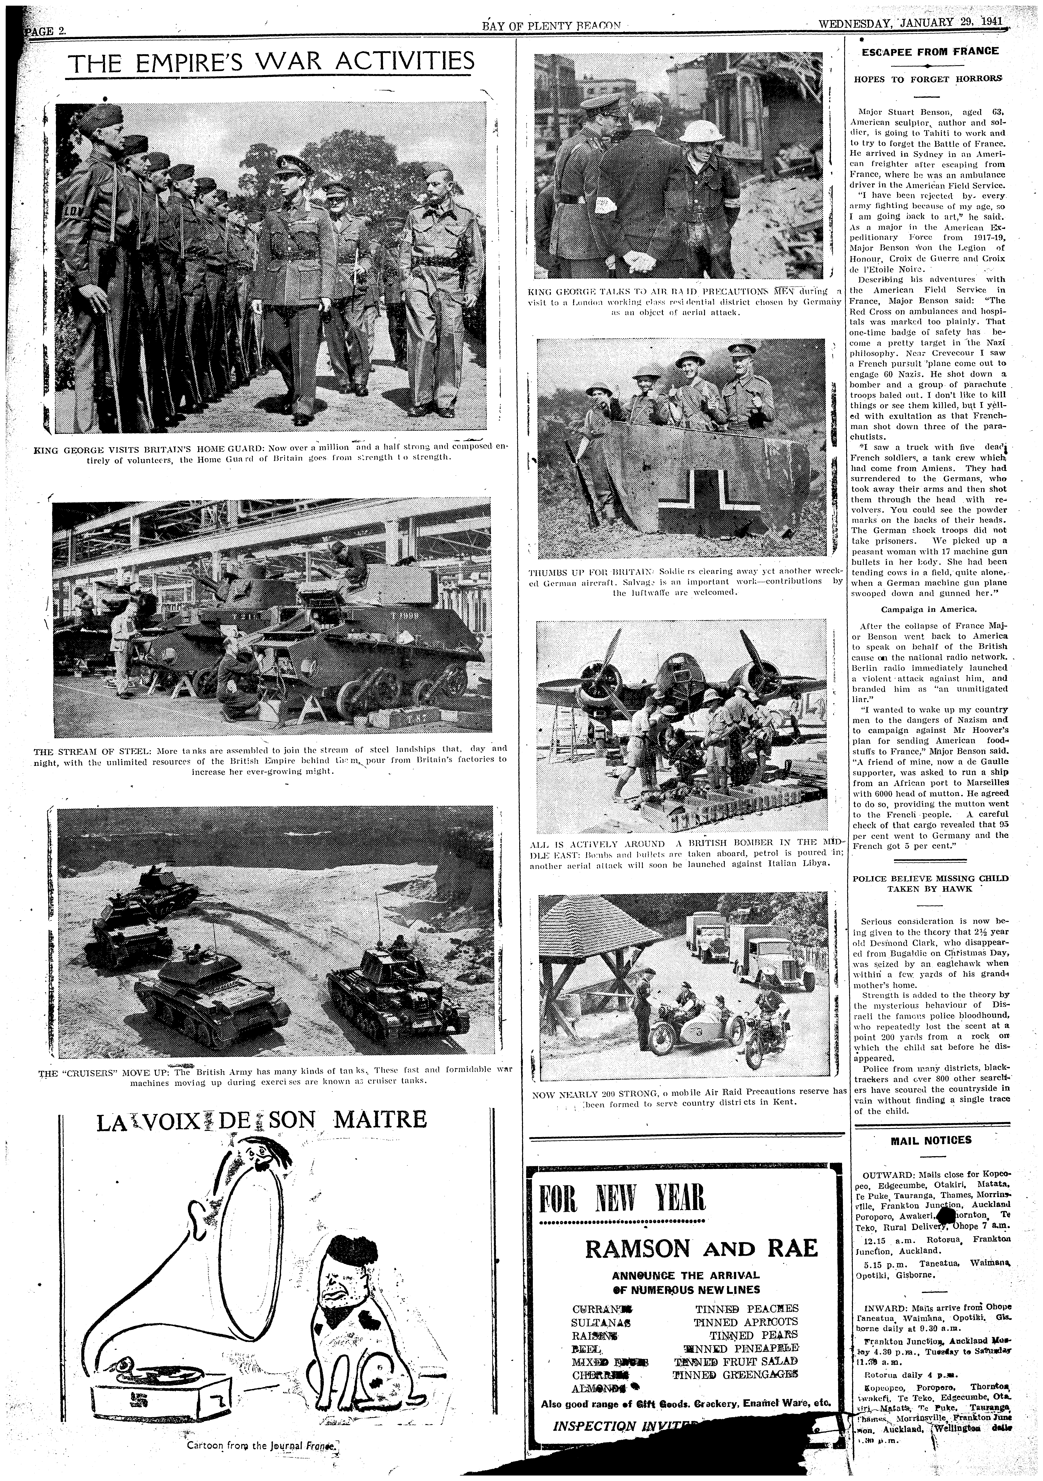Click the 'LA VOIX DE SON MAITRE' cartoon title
point(261,1118)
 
